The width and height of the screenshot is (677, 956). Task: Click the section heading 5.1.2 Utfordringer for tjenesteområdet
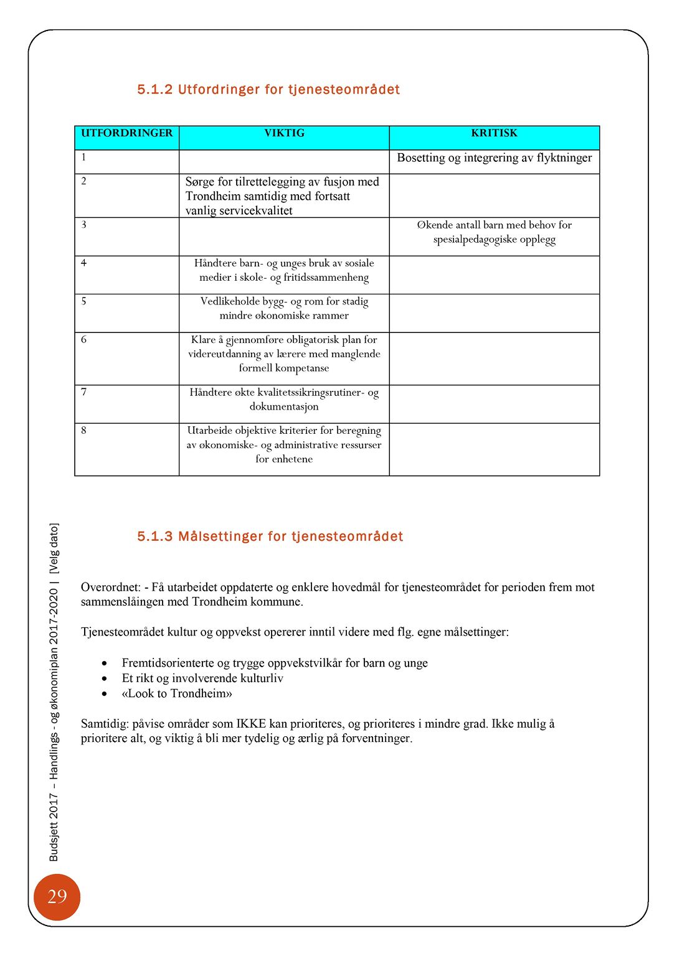pyautogui.click(x=268, y=90)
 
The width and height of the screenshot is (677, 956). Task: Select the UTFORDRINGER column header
pyautogui.click(x=126, y=133)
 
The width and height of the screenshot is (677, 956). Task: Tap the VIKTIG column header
pyautogui.click(x=284, y=133)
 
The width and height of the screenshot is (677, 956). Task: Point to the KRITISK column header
pyautogui.click(x=494, y=133)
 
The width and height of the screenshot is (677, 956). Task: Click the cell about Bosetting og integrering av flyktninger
pyautogui.click(x=494, y=158)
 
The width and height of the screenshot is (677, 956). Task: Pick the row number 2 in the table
pyautogui.click(x=84, y=182)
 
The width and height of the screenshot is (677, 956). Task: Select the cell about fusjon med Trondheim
pyautogui.click(x=282, y=196)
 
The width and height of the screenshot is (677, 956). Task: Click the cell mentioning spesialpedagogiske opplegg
pyautogui.click(x=494, y=232)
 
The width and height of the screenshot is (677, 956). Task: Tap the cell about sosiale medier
pyautogui.click(x=284, y=270)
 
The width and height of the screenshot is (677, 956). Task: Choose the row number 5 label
pyautogui.click(x=84, y=302)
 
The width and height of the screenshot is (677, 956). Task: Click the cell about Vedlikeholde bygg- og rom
pyautogui.click(x=284, y=308)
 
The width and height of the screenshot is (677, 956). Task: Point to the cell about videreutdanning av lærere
pyautogui.click(x=284, y=354)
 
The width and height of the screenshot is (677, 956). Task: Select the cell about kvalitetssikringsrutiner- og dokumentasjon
pyautogui.click(x=284, y=400)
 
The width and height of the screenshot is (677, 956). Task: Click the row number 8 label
pyautogui.click(x=84, y=431)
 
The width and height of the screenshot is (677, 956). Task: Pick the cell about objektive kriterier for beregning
pyautogui.click(x=284, y=444)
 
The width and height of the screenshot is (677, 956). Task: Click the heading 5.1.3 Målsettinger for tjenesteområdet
pyautogui.click(x=270, y=537)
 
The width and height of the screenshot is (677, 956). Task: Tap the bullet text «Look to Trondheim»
pyautogui.click(x=177, y=693)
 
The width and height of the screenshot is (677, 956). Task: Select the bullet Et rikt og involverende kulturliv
pyautogui.click(x=202, y=678)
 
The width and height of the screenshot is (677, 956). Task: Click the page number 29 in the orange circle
pyautogui.click(x=57, y=897)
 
